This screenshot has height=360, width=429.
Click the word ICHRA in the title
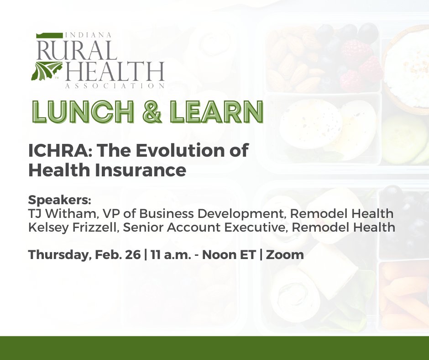[53, 151]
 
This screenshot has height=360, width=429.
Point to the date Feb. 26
[119, 254]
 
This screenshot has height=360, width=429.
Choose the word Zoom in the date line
[285, 254]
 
